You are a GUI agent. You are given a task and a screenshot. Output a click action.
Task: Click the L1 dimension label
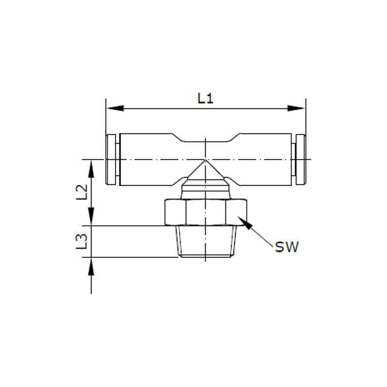coord(205,99)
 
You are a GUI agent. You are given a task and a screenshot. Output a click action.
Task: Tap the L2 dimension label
coord(82,192)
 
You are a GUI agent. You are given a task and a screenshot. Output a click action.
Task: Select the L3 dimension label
coord(82,241)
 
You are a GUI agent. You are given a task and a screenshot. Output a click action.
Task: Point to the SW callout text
coord(287,247)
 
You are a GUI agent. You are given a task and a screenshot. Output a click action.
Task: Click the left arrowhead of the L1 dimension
coord(115,108)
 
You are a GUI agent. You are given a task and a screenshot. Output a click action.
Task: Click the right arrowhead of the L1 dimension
coord(296,108)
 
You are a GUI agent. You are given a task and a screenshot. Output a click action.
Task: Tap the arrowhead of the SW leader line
coord(245,223)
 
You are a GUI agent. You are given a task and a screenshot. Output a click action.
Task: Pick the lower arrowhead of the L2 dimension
coord(91,216)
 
